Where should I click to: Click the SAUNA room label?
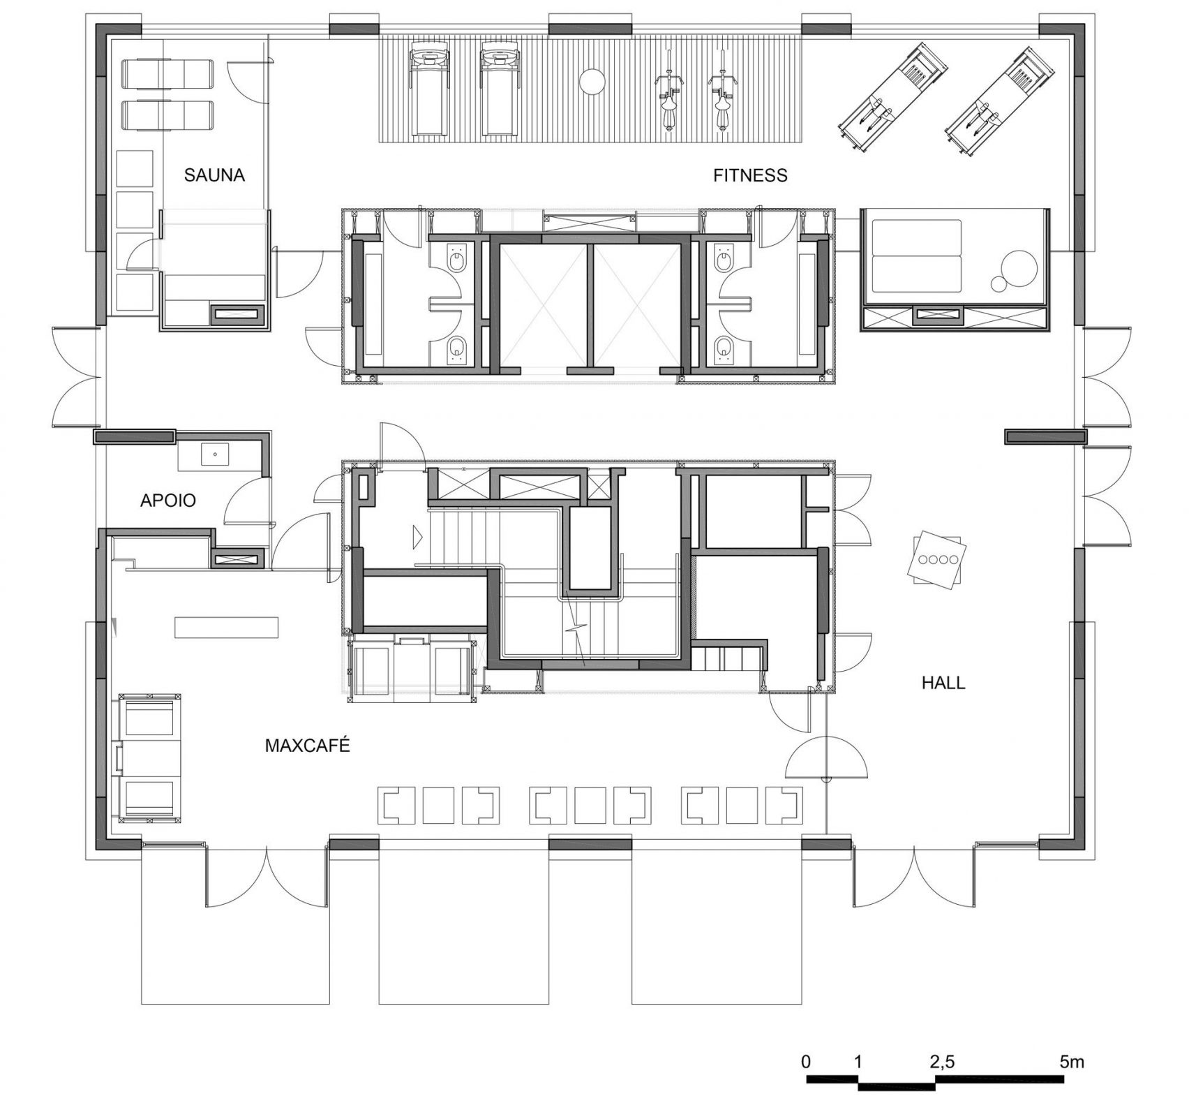(214, 175)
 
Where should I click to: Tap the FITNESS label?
(749, 175)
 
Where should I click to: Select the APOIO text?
(167, 500)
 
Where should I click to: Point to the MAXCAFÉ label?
(307, 746)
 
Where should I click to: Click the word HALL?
(943, 683)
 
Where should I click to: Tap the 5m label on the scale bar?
(1072, 1063)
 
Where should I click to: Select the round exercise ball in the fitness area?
(593, 81)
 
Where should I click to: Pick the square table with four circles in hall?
(937, 559)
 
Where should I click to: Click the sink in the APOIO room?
(215, 454)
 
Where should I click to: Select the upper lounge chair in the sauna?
(168, 73)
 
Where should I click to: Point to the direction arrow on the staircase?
(418, 536)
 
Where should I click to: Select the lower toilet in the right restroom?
(722, 349)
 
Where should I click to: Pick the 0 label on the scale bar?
(806, 1063)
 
